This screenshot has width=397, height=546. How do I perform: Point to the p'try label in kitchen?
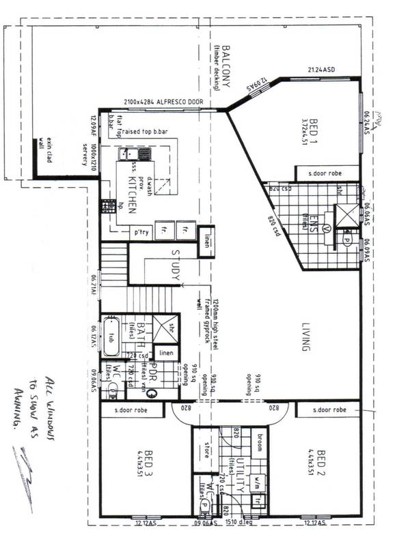pos(141,233)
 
